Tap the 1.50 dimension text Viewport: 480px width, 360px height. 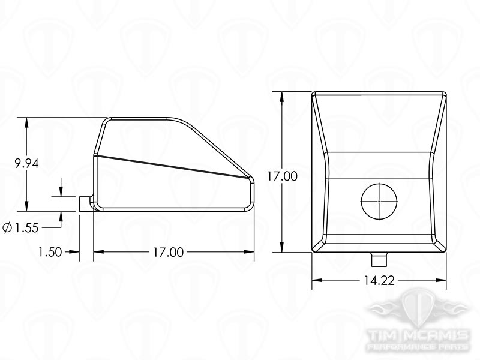pyautogui.click(x=50, y=252)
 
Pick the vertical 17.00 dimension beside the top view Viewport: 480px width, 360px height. pyautogui.click(x=282, y=176)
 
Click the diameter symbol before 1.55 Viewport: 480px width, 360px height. pyautogui.click(x=8, y=228)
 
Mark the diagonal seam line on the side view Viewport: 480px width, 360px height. pyautogui.click(x=174, y=166)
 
